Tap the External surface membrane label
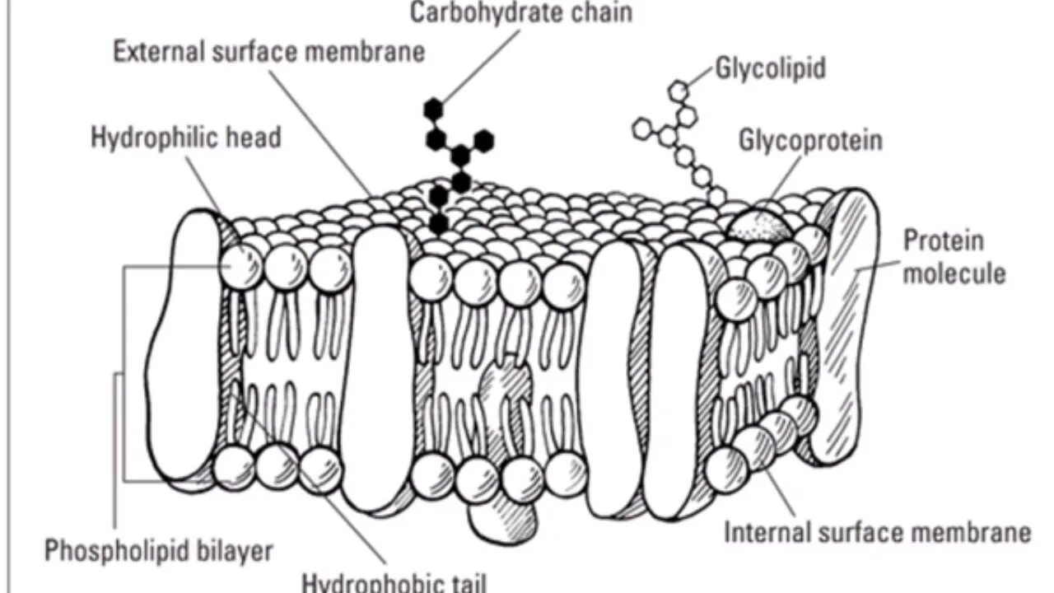(269, 52)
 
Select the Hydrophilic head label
(186, 137)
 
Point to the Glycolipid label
(770, 68)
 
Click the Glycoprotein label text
(810, 140)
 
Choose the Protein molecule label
(954, 256)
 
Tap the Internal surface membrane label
(877, 532)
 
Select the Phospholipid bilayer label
(158, 550)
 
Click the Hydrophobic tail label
(394, 582)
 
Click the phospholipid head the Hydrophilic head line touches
(241, 265)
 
